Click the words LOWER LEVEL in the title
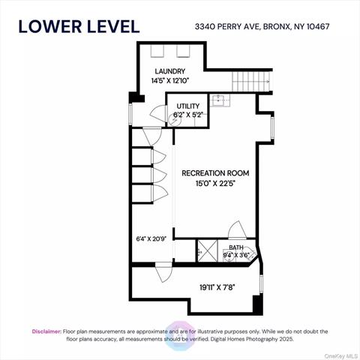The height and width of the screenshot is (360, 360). tap(79, 25)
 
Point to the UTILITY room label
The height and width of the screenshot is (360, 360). tap(187, 106)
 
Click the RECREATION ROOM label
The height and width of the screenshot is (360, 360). tap(215, 173)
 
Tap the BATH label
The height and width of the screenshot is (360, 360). tap(236, 247)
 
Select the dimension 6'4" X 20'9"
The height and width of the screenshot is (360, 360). tap(152, 238)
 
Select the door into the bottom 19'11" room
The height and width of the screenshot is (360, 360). tap(163, 274)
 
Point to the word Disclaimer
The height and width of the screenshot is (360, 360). tap(46, 331)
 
